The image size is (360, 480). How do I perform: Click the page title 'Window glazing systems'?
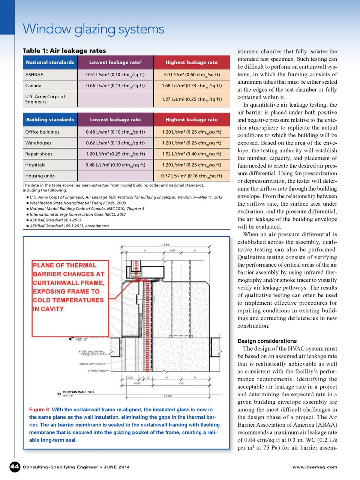93,29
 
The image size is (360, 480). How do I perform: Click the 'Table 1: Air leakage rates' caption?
64,51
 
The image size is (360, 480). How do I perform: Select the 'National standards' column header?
50,62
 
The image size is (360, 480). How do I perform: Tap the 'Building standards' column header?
50,120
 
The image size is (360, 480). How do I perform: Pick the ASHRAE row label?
34,75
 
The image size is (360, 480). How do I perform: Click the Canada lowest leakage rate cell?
115,86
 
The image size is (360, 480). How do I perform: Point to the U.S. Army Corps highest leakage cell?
192,99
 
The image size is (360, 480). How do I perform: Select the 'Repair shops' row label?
39,154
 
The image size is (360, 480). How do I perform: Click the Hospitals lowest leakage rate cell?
115,165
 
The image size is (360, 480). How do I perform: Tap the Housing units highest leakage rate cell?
192,176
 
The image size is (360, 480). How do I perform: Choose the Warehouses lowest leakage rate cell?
115,143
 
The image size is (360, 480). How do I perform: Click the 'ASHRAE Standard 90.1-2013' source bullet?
55,220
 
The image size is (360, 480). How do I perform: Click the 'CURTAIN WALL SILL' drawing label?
79,392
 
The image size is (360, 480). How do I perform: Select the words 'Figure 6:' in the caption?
40,409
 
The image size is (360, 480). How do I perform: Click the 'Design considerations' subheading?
267,341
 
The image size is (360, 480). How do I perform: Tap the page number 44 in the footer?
15,467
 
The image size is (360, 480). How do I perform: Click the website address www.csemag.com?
315,467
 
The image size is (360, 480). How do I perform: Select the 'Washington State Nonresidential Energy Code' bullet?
78,203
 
